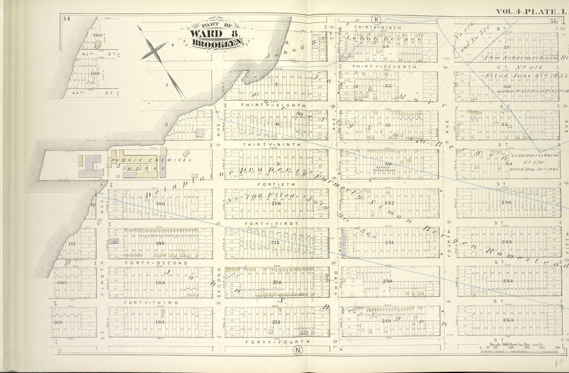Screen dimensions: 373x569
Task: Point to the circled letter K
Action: coord(377,20)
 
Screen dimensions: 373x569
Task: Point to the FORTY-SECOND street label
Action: coord(148,262)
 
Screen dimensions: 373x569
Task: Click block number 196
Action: coord(161,203)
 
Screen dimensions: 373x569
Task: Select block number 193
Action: coord(161,323)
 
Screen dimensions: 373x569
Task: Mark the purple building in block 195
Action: coord(116,242)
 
